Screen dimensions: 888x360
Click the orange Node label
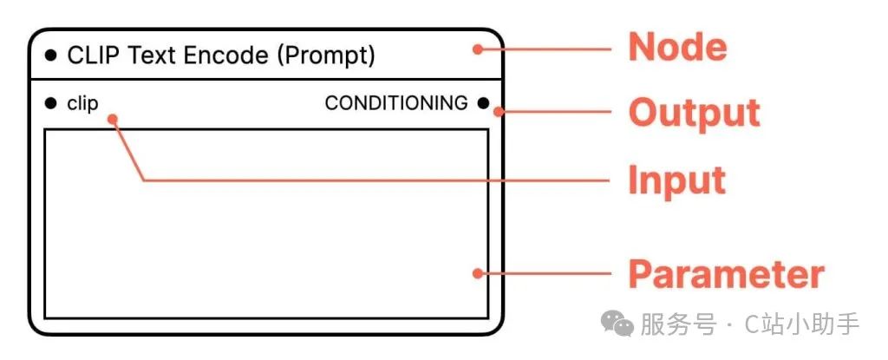tap(677, 48)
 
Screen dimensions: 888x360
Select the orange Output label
tap(694, 113)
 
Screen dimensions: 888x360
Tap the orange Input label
tap(676, 180)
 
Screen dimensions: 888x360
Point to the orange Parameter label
tap(726, 274)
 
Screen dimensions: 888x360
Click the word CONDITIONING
tap(396, 103)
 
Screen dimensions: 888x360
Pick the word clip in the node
tap(83, 104)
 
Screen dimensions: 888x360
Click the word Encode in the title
tap(224, 56)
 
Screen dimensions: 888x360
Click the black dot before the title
tap(50, 56)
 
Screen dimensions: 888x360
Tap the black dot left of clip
tap(50, 104)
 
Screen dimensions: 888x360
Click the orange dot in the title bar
tap(477, 49)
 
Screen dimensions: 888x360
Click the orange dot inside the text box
tap(477, 274)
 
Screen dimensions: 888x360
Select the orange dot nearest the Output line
tap(506, 112)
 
